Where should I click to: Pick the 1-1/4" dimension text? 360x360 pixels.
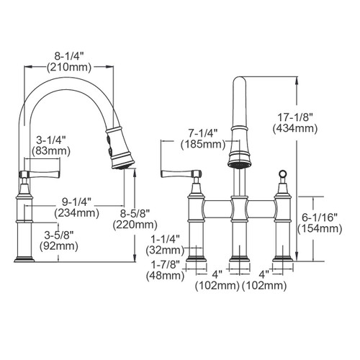165,240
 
